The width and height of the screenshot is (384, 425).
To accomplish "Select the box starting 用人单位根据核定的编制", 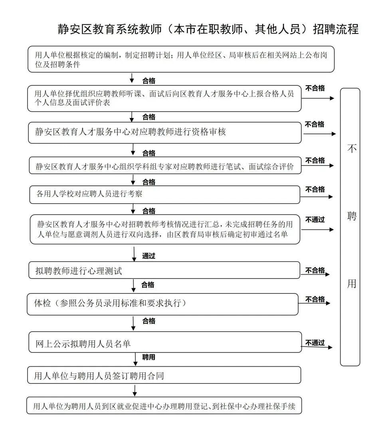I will (181, 59).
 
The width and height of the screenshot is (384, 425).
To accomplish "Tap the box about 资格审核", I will (164, 132).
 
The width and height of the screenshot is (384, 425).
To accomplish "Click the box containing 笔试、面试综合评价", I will (164, 166).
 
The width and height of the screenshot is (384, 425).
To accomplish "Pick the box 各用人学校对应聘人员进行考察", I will (164, 195).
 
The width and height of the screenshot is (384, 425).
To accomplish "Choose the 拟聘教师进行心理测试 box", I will (164, 271).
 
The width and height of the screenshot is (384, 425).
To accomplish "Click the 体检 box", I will (164, 304).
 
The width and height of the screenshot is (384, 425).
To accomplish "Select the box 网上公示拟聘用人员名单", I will (164, 344).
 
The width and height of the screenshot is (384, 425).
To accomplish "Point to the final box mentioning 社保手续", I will (164, 406).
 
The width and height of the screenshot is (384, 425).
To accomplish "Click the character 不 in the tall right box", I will (351, 149).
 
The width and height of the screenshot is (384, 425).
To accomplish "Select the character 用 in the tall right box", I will (351, 283).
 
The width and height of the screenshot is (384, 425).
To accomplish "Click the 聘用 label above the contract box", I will (149, 357).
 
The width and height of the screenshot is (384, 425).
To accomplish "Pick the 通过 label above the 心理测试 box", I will (148, 256).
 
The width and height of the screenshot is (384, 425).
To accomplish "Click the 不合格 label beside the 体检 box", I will (315, 299).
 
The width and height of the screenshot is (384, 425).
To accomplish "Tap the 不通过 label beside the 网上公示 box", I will (315, 342).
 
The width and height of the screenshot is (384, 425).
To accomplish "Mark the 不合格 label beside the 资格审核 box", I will (315, 124).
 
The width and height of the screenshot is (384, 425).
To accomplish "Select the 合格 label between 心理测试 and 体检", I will (148, 285).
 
